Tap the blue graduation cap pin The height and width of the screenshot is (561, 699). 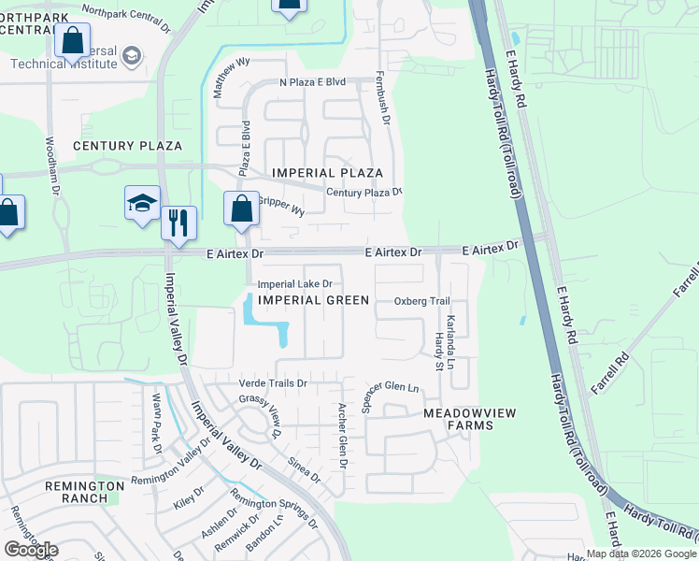coord(142,203)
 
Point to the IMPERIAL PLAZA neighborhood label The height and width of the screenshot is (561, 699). coord(327,173)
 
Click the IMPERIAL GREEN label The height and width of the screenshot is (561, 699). coord(314,299)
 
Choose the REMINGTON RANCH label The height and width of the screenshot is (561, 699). coord(84,492)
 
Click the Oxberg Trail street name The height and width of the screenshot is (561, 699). coord(422,301)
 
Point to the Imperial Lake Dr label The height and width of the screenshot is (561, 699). coord(295,284)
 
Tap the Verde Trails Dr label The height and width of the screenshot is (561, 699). coord(274,383)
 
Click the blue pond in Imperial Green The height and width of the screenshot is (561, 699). coord(264,322)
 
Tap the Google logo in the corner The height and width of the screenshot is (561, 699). coord(31,550)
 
